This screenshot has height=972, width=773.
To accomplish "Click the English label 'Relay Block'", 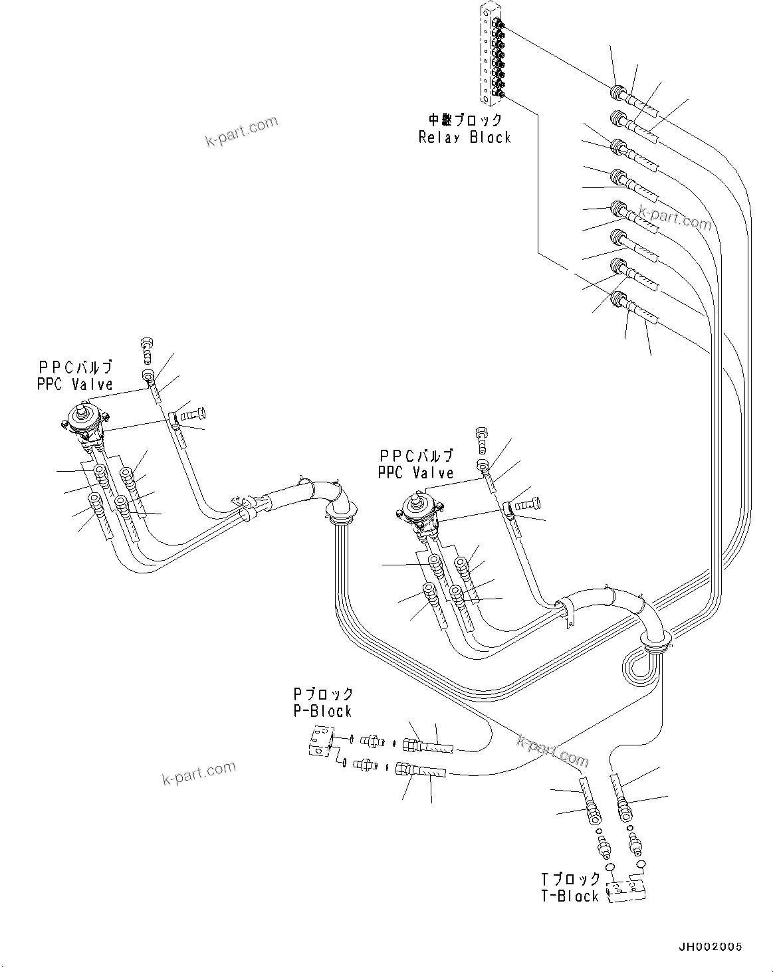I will [465, 138].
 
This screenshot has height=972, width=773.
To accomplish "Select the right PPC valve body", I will [418, 512].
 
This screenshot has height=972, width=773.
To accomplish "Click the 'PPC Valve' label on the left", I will [75, 384].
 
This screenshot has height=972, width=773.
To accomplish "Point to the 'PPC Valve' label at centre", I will [415, 472].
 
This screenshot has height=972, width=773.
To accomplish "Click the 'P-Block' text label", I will [322, 711].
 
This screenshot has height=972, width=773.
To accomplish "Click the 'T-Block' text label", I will [570, 896].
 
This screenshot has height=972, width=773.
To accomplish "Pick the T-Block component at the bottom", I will [627, 890].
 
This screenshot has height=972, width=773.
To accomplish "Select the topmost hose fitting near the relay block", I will [618, 92].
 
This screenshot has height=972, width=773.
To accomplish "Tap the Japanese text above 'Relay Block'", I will [465, 120].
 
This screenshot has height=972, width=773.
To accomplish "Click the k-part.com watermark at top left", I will [241, 132].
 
